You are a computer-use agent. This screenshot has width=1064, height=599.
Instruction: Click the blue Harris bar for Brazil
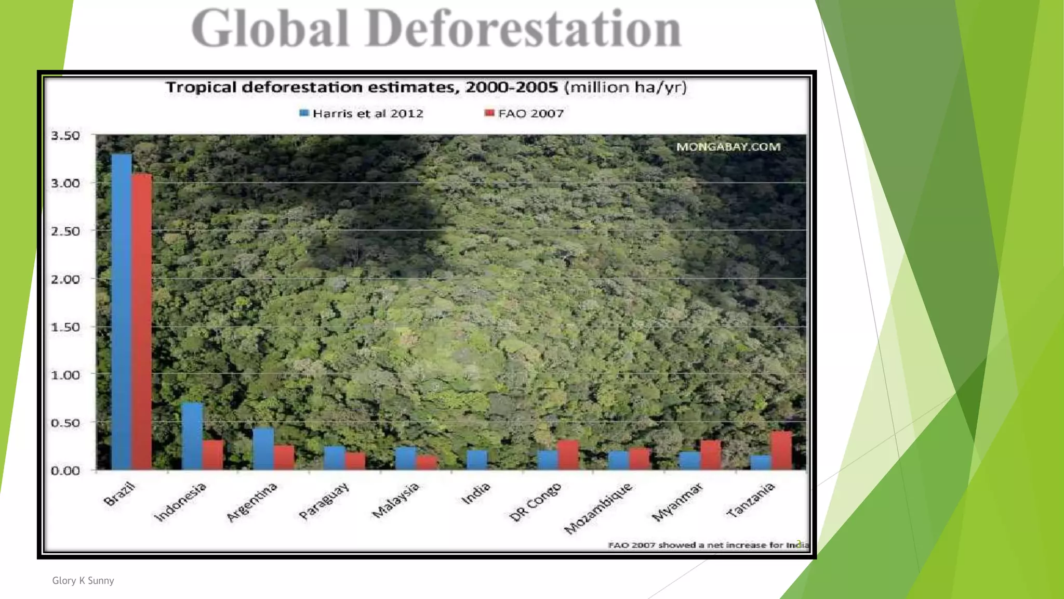(x=122, y=312)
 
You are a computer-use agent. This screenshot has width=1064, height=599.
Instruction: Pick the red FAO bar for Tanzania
(x=781, y=450)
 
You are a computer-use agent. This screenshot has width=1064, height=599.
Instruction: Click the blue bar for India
(x=477, y=460)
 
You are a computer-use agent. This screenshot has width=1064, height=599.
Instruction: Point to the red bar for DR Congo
(x=568, y=455)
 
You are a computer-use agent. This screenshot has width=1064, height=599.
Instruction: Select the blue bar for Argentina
(x=263, y=449)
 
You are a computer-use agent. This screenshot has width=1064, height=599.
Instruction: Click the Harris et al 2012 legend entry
(x=362, y=113)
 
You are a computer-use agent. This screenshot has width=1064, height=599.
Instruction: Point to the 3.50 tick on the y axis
(x=65, y=136)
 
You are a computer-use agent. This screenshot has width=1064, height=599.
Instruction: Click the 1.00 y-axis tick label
(x=65, y=375)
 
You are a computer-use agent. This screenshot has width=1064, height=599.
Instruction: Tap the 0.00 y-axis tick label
(x=65, y=471)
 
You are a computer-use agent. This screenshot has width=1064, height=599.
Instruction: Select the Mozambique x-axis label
(x=598, y=508)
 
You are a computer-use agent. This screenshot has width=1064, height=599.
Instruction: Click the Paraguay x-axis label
(x=324, y=501)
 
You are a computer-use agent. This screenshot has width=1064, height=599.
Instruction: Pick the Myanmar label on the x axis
(x=677, y=502)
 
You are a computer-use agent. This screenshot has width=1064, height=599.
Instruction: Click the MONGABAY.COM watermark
(x=728, y=147)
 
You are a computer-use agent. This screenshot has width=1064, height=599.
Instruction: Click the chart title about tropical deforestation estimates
(x=426, y=87)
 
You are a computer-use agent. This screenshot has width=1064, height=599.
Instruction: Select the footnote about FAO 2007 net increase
(x=708, y=545)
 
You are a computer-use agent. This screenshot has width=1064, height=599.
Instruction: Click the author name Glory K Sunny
(x=83, y=581)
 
